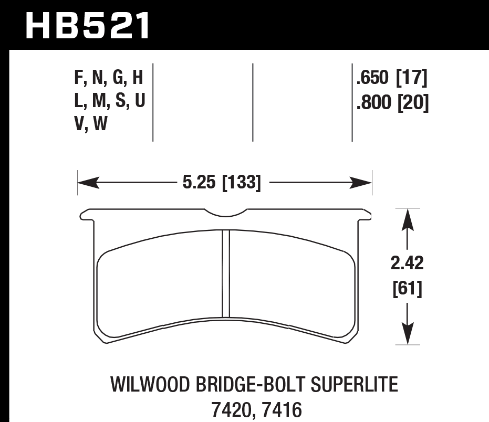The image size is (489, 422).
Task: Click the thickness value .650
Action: point(372,79)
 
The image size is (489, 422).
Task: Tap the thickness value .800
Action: point(372,103)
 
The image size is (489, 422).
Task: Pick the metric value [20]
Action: point(412,103)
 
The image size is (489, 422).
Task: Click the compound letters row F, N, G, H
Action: point(109,79)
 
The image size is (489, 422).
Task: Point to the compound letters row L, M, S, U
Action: point(109,102)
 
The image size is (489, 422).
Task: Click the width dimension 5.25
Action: point(200,183)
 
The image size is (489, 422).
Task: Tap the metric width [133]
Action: point(242,183)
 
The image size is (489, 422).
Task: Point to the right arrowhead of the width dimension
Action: point(365,183)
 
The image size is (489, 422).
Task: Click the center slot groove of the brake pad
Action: point(226,273)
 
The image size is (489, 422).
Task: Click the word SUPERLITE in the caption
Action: point(356,386)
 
